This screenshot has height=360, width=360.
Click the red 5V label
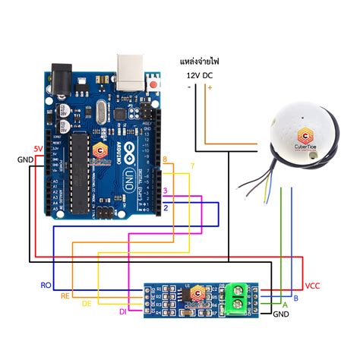point(38,148)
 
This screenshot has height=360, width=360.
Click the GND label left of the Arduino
point(25,159)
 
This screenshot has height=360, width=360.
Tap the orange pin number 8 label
point(166,159)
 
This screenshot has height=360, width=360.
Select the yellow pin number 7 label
point(192,166)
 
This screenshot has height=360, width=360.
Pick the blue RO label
point(46,285)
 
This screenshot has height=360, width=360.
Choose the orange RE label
point(66,295)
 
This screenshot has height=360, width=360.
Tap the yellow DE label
point(86,303)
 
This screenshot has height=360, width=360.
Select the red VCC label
point(313,286)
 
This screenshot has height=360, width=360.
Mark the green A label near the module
point(285,304)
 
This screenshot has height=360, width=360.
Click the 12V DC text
point(199,74)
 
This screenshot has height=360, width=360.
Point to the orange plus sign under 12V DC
point(210,87)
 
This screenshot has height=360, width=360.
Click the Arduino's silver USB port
point(131,68)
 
